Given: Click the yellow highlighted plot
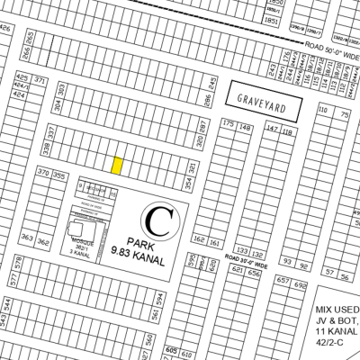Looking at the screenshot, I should point(117,165).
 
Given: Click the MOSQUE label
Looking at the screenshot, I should point(84,243).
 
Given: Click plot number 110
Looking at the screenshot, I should point(322,110).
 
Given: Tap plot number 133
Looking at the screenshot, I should point(240,251).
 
